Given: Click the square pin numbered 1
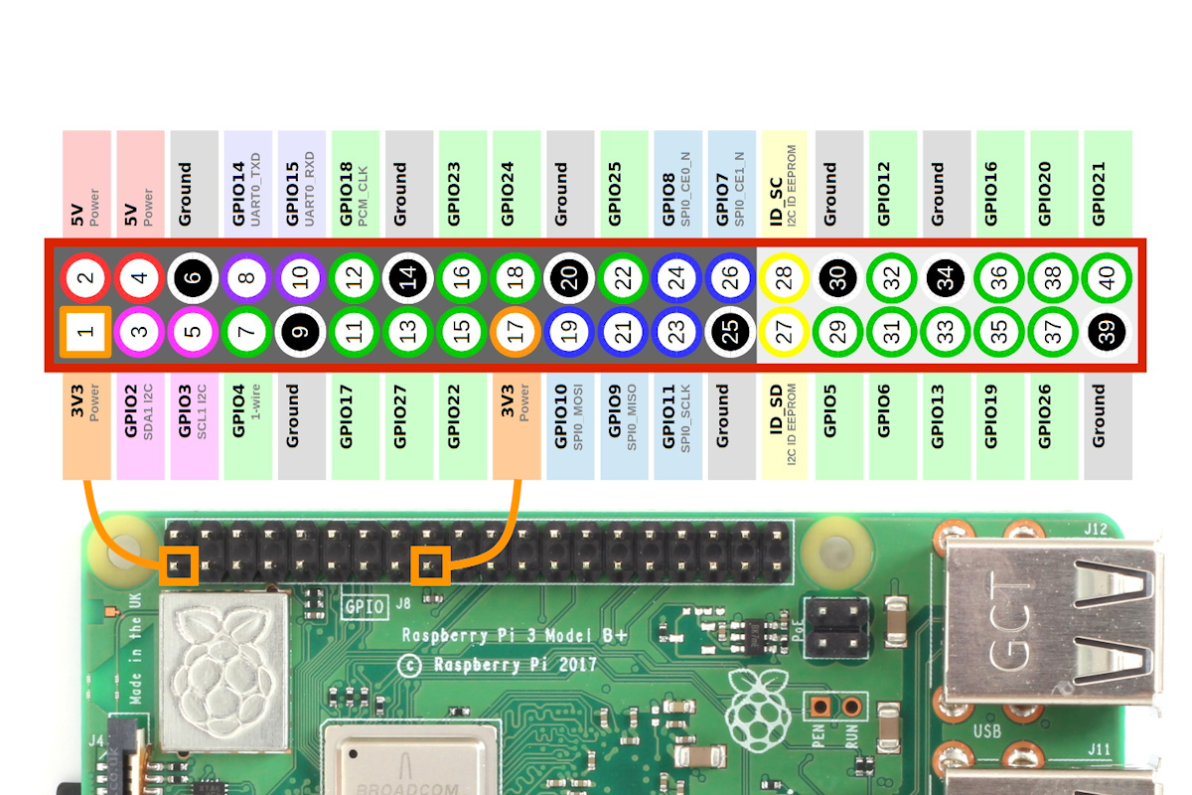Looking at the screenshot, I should coord(84,332).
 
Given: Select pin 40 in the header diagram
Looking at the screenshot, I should coord(1107,278).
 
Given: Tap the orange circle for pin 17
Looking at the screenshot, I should coord(516,332).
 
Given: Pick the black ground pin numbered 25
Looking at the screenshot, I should coord(731,332).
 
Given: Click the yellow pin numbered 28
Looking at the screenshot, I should coord(784,278).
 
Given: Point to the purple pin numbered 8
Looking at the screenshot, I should coord(246,278).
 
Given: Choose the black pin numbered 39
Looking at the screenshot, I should coord(1107,332).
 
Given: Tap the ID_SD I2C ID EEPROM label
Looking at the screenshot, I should coord(784,422).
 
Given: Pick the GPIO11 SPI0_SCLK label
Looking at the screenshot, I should coord(676,422).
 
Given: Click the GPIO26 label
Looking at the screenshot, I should coord(1053,422).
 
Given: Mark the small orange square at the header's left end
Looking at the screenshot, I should coord(180,565).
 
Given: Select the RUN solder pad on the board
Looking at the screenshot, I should coord(851,707).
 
